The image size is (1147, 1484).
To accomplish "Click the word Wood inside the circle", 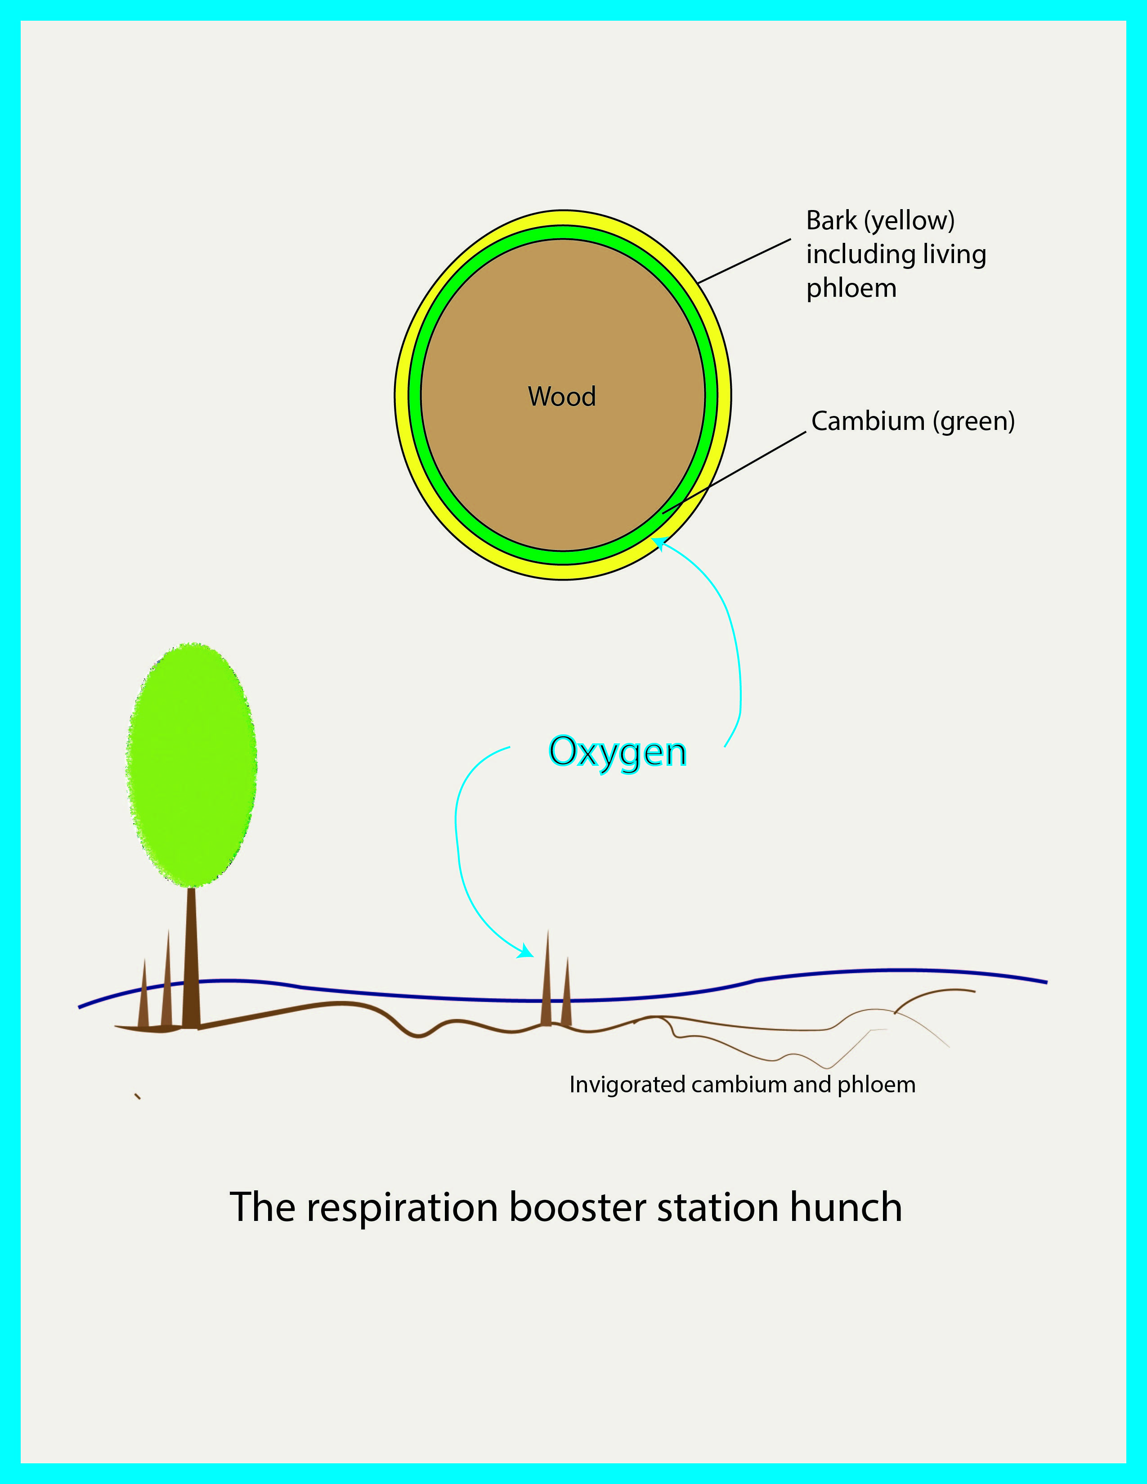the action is [x=562, y=396].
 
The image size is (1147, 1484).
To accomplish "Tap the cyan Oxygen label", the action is [x=618, y=753].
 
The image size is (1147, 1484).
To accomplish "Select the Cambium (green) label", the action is [x=913, y=422].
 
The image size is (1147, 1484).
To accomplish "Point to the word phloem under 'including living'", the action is [x=851, y=289].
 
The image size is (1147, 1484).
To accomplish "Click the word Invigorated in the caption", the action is [x=627, y=1085].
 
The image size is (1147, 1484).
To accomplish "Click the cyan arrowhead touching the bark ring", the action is [x=659, y=544].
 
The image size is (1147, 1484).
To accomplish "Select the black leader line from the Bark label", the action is [x=744, y=261].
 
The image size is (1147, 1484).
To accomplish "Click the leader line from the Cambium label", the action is [x=734, y=473].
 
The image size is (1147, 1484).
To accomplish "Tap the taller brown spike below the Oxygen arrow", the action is [x=547, y=979].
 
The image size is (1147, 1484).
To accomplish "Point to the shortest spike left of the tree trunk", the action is [x=143, y=993].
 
